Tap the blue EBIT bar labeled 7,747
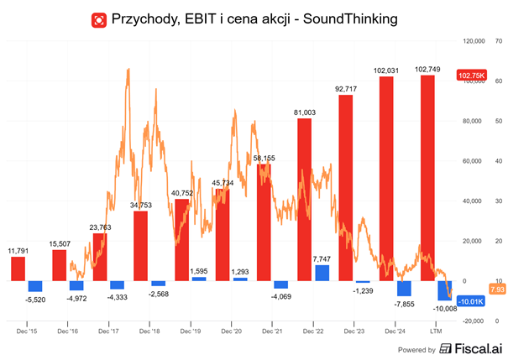click(x=322, y=273)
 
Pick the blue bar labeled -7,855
click(x=405, y=288)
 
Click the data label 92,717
click(x=345, y=88)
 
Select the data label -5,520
click(x=35, y=299)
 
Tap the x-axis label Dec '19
click(x=191, y=331)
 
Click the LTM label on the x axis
click(x=437, y=331)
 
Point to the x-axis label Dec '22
click(x=313, y=331)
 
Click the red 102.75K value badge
click(x=470, y=76)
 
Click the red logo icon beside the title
click(x=99, y=18)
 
